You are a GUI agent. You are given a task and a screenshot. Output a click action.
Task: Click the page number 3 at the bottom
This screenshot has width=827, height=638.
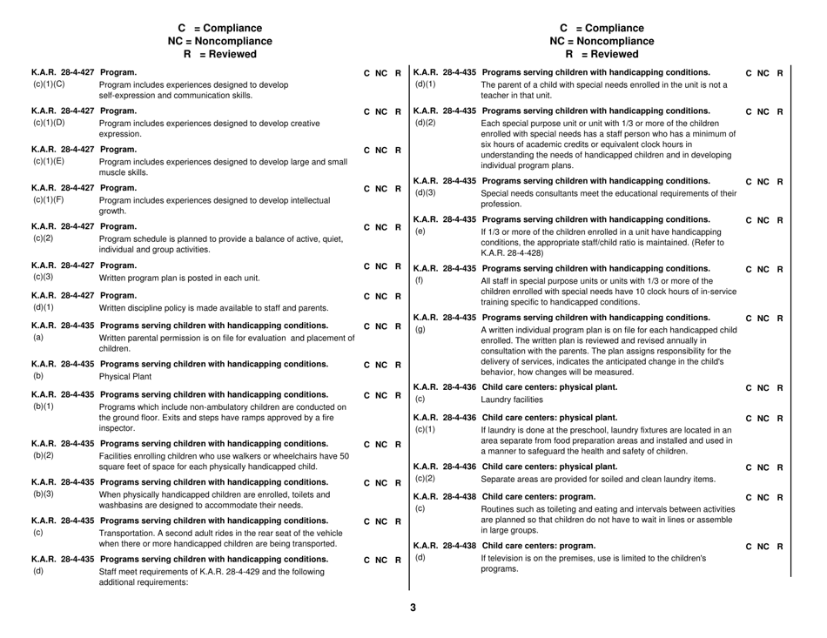pos(414,607)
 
